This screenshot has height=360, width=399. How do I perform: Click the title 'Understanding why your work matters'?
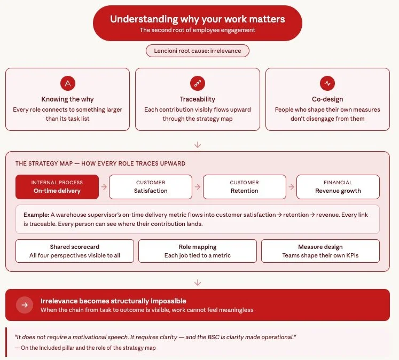(198, 19)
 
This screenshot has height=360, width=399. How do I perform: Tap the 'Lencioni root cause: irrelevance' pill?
(198, 51)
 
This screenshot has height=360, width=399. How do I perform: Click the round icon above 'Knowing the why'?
(67, 83)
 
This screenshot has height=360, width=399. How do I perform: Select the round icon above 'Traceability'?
(198, 83)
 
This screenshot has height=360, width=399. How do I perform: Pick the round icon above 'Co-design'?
(327, 83)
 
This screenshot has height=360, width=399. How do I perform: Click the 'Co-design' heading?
(327, 99)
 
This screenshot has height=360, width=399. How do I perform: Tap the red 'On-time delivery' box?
(57, 187)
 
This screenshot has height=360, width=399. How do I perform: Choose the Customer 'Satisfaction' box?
(151, 187)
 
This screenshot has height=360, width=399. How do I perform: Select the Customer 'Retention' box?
(244, 187)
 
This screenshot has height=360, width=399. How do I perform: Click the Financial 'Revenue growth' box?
(338, 187)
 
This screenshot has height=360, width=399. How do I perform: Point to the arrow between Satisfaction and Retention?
(198, 187)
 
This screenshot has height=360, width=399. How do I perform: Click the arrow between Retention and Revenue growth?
(291, 187)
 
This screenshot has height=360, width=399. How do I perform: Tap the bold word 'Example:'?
(36, 215)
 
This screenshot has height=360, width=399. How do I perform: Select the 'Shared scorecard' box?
(75, 251)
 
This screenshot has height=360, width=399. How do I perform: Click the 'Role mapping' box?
(198, 251)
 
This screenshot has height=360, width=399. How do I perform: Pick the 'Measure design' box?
(320, 251)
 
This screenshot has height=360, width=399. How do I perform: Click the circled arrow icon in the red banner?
(25, 305)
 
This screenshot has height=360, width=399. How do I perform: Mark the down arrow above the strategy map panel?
(198, 144)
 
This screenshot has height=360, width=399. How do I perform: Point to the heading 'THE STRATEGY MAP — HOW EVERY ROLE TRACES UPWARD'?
(100, 163)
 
